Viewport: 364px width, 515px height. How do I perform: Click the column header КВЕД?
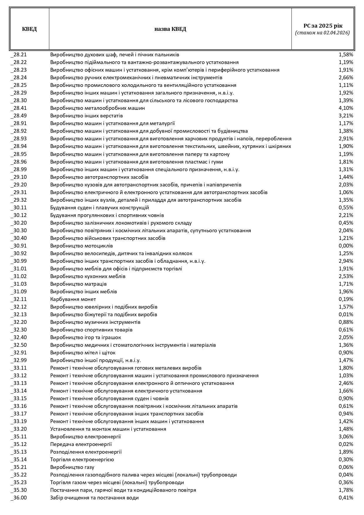(x=29, y=29)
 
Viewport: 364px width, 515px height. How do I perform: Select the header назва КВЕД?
(x=170, y=29)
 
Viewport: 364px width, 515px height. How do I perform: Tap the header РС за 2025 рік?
(x=323, y=26)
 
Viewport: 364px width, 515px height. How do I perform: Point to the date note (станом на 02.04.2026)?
(x=322, y=33)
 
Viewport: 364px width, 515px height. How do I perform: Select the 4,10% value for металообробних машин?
(x=346, y=108)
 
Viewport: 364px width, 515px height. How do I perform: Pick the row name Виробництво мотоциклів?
(x=82, y=246)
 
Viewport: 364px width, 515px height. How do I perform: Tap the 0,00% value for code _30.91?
(x=346, y=246)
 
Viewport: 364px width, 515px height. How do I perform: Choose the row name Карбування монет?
(x=73, y=299)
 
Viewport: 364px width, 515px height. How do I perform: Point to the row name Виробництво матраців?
(x=78, y=284)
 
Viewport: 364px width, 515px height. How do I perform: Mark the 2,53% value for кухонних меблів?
(x=346, y=276)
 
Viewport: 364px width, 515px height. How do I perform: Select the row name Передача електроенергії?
(x=81, y=444)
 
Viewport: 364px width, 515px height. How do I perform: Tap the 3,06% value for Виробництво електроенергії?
(x=346, y=437)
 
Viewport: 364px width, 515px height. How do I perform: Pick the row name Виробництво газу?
(x=72, y=467)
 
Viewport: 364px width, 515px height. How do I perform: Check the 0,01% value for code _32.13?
(x=346, y=314)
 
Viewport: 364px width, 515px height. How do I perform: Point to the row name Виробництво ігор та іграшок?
(x=86, y=337)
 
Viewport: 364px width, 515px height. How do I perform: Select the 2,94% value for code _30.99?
(x=346, y=261)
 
